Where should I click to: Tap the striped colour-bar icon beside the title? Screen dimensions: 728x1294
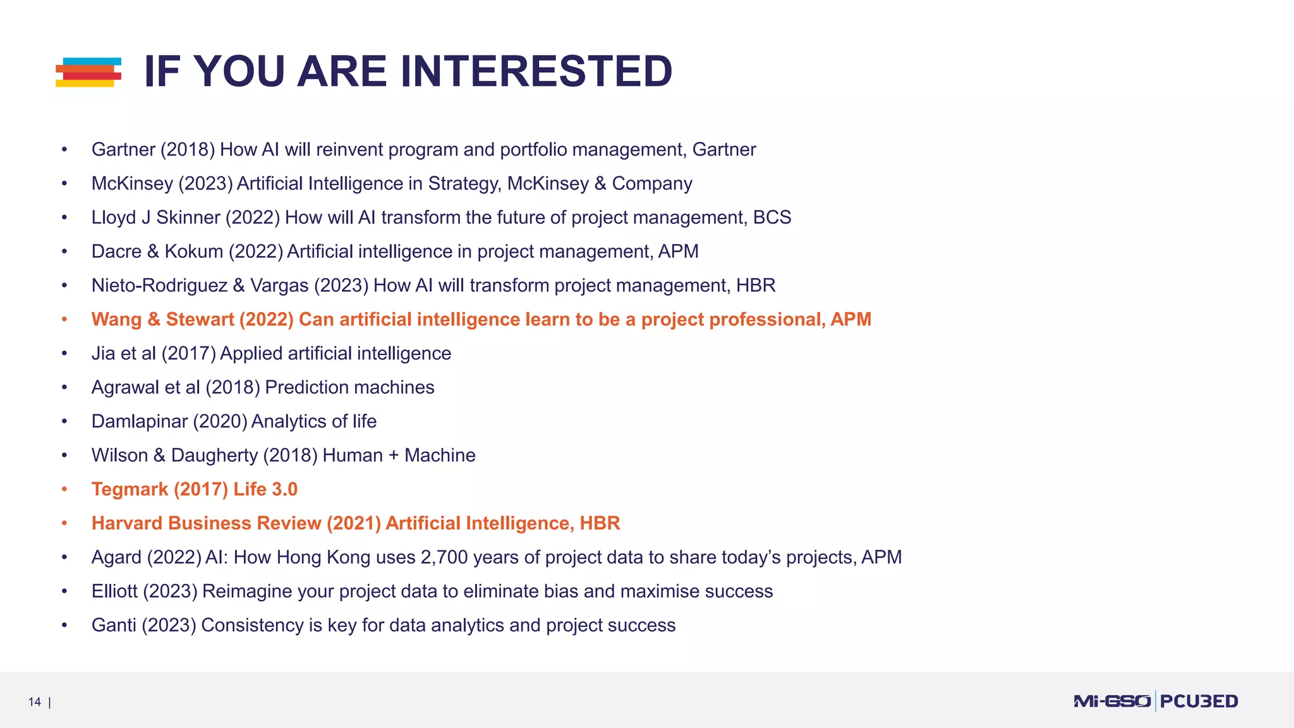(88, 72)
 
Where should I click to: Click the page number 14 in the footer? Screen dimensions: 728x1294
(34, 701)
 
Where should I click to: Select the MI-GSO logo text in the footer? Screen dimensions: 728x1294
(1111, 701)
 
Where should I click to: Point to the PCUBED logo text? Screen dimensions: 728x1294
(1199, 701)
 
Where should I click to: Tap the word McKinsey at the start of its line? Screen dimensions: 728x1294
(132, 183)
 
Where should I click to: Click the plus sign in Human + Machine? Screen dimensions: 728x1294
(393, 456)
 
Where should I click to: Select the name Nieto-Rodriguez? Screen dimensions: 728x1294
(159, 286)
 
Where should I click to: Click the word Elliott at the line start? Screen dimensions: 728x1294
(114, 591)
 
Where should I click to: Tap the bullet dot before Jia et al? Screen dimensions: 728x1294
(64, 353)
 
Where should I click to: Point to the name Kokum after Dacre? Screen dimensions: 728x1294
(194, 252)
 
